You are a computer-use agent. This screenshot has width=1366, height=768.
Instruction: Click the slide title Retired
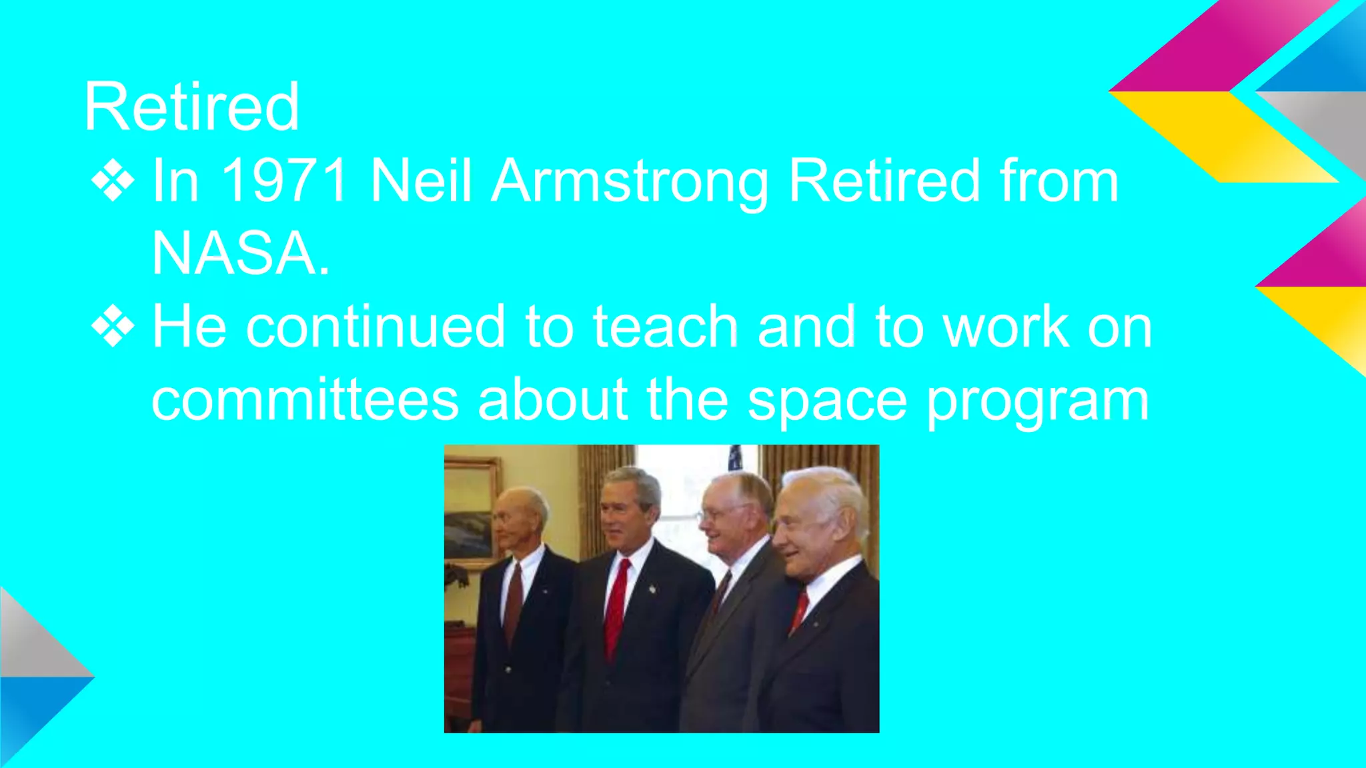tap(191, 107)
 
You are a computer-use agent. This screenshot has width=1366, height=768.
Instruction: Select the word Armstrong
tap(630, 181)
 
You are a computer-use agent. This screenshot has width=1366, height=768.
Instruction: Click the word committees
tap(305, 400)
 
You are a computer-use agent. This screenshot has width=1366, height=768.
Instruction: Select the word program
tap(1038, 401)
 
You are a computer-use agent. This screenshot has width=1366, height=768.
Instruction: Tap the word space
tap(827, 401)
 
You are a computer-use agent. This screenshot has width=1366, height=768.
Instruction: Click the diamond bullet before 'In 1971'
tap(113, 180)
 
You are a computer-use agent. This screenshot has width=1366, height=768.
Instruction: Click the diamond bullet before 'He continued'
tap(113, 327)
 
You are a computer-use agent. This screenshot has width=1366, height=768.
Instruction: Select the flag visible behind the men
tap(735, 459)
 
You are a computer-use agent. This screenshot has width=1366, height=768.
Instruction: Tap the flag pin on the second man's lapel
tap(652, 589)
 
